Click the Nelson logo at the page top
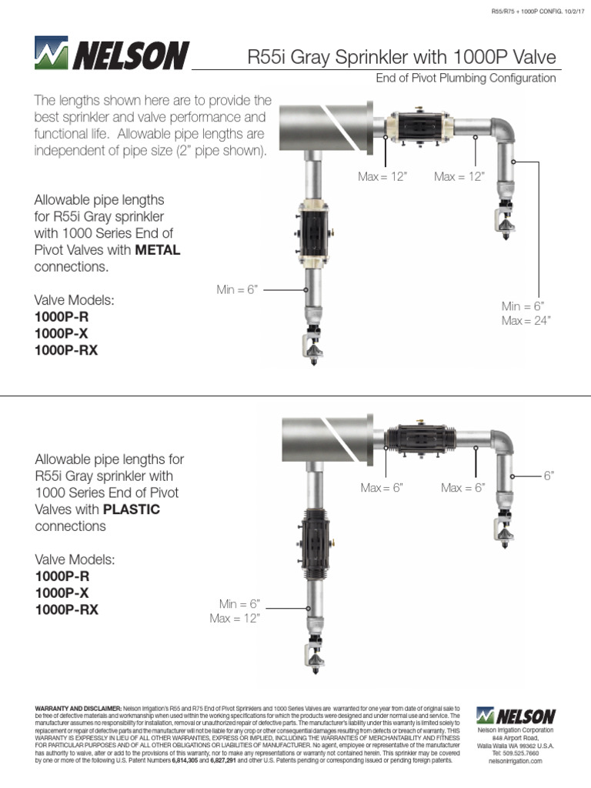(x=112, y=56)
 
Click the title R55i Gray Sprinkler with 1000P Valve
(x=401, y=57)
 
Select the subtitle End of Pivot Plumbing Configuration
(x=465, y=78)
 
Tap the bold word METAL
(x=158, y=251)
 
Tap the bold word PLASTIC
(x=132, y=509)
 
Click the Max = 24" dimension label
(x=526, y=320)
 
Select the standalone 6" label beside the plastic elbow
(x=549, y=476)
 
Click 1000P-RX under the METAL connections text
(x=66, y=350)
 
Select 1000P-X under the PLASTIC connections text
(x=62, y=593)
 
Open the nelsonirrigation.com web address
(x=515, y=760)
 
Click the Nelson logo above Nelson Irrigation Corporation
(x=515, y=715)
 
